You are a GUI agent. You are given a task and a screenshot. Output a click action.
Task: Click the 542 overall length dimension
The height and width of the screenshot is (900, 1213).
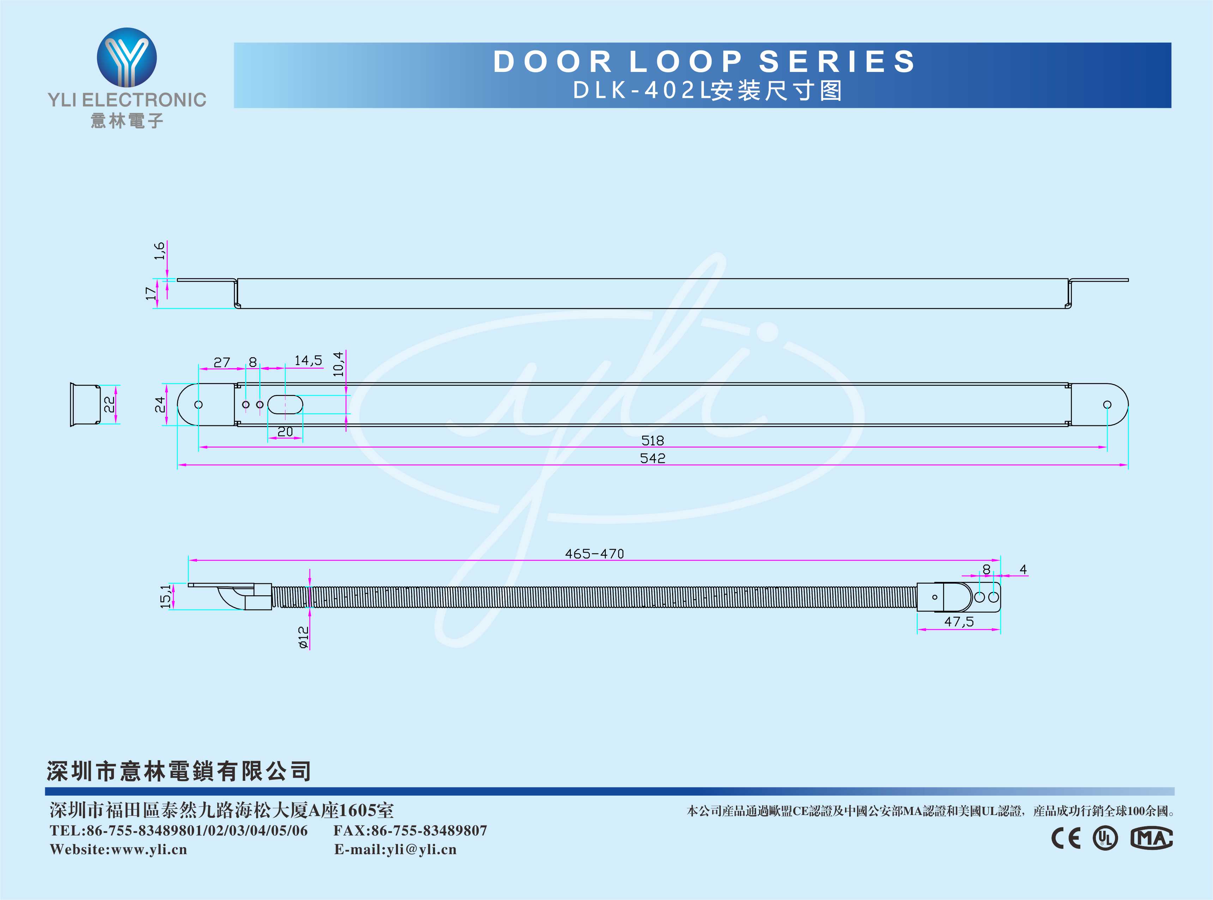[x=652, y=458]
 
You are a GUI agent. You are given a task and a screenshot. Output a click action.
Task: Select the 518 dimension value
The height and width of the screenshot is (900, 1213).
[x=652, y=440]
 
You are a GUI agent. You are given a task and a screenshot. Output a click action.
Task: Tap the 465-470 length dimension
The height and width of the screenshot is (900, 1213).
[x=594, y=554]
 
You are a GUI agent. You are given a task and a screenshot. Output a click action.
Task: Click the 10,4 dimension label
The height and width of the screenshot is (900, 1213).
[x=338, y=364]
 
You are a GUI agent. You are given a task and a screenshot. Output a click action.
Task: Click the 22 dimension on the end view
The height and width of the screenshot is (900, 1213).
[x=109, y=404]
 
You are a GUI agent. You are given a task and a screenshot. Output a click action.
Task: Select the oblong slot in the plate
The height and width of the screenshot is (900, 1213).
[x=285, y=405]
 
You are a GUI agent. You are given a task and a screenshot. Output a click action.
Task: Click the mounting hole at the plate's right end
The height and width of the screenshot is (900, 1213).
[x=1107, y=405]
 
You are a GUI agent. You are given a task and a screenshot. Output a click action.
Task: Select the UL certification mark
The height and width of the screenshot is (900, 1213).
[x=1105, y=838]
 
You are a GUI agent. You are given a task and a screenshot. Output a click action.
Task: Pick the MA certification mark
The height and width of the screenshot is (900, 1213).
[x=1151, y=838]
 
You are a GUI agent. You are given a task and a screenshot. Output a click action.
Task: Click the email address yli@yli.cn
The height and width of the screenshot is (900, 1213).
[x=422, y=849]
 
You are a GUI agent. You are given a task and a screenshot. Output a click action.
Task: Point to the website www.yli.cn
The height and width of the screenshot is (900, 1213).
[x=149, y=849]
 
